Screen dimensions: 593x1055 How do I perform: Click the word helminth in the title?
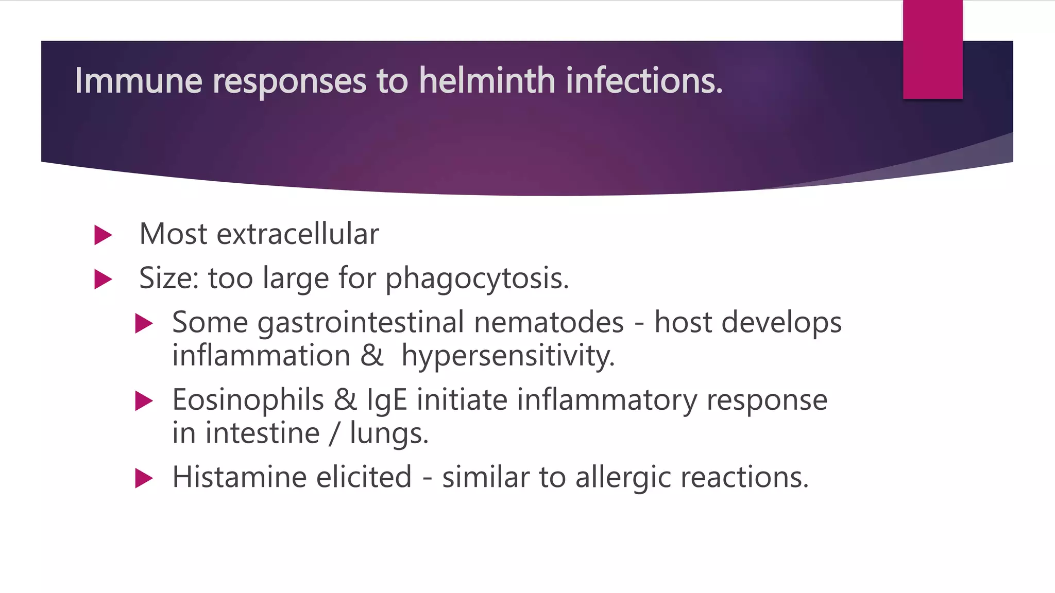487,81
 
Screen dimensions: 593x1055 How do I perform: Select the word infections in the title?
644,81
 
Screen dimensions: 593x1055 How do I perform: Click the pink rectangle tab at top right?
932,49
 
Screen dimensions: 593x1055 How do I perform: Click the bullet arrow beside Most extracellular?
103,235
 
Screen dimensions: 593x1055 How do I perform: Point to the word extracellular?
297,234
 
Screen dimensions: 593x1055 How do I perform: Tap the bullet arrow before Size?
103,280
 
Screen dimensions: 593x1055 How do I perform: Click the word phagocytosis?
477,278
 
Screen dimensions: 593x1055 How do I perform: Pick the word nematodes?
549,323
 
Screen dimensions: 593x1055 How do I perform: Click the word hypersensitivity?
508,356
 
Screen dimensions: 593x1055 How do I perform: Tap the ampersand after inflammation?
372,356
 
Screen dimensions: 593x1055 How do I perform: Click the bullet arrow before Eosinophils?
144,401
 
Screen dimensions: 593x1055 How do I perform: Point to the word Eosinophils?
248,400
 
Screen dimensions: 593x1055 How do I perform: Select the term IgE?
386,400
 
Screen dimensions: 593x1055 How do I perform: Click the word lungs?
388,433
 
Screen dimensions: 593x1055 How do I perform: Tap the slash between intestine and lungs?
335,433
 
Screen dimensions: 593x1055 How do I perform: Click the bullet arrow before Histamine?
144,478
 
